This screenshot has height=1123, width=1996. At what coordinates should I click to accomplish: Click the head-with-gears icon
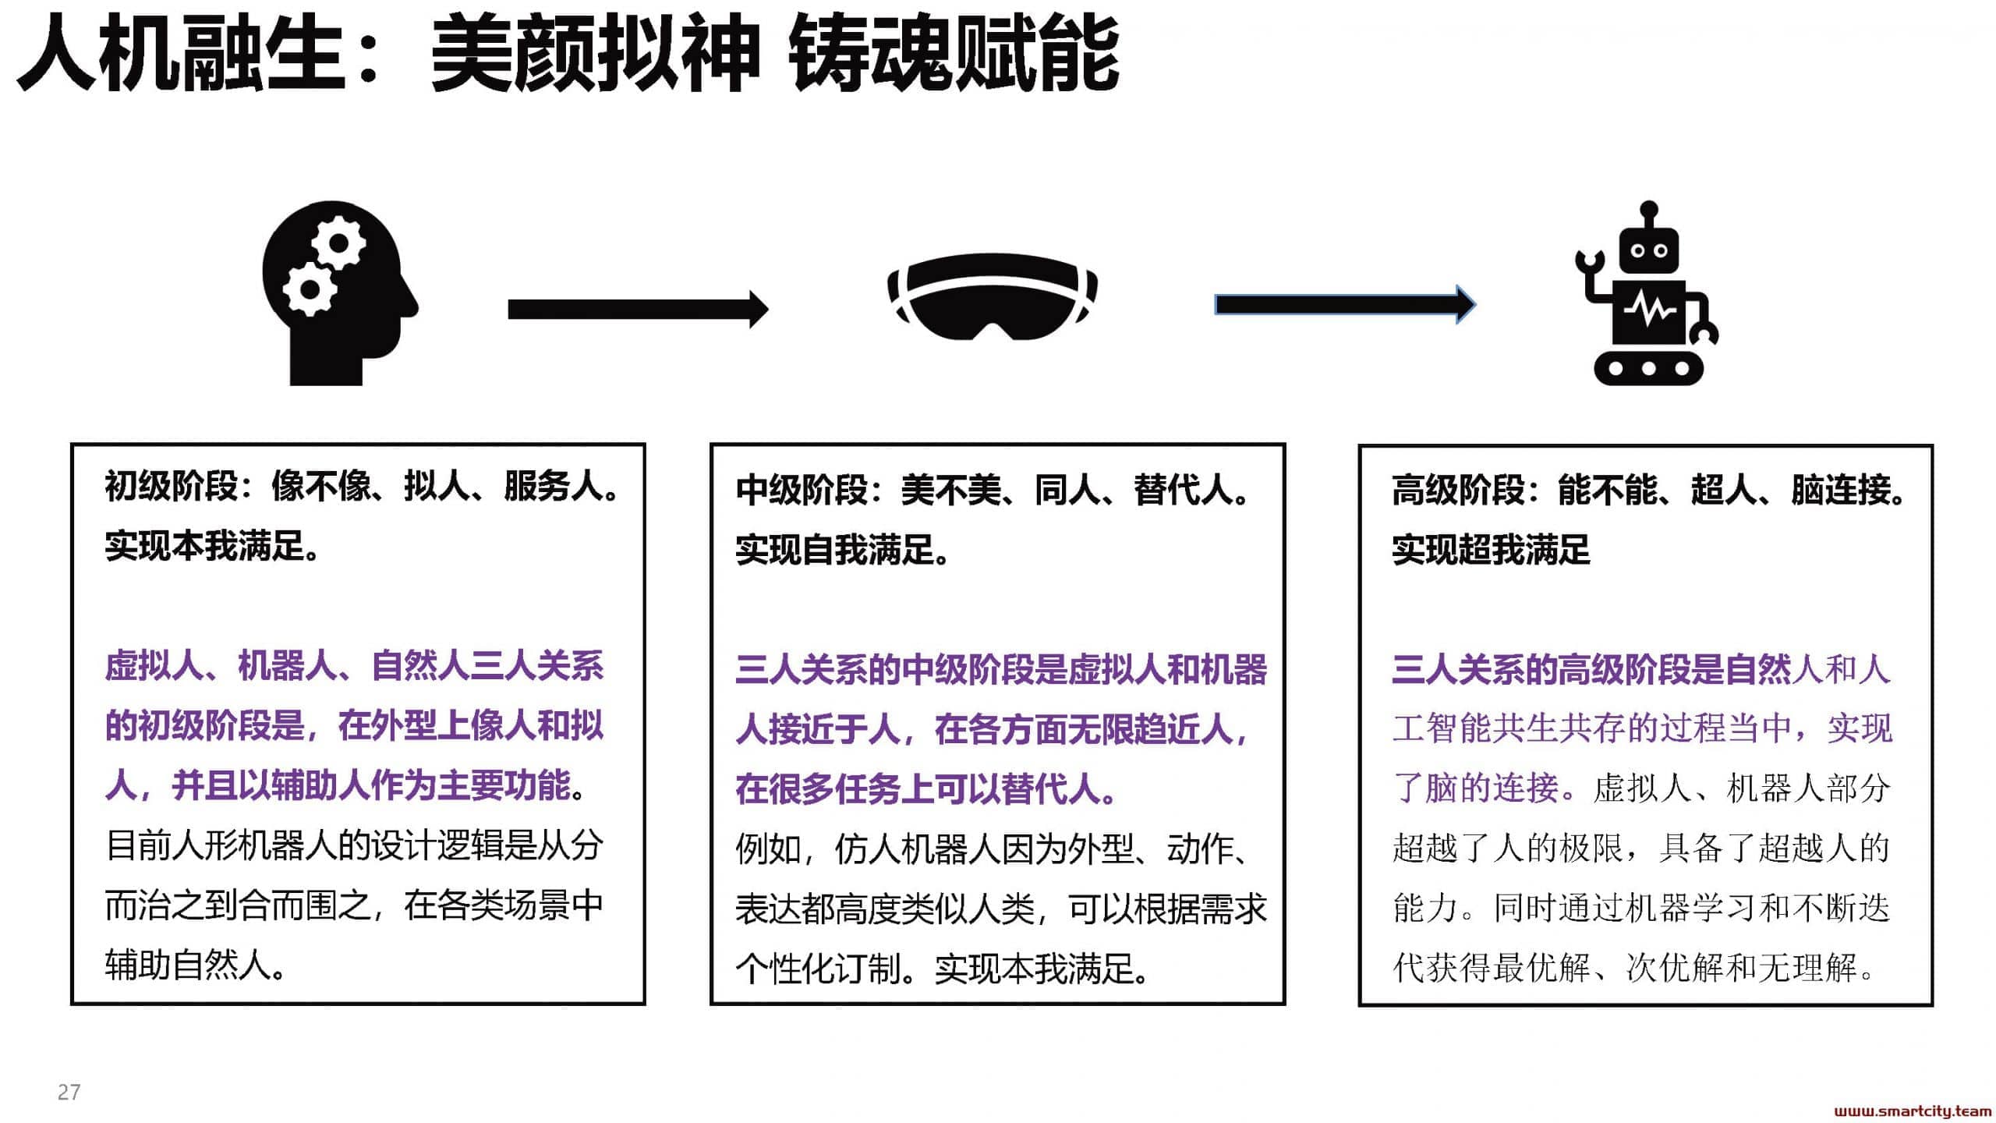[x=339, y=293]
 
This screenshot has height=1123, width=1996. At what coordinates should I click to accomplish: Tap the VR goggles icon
[x=993, y=296]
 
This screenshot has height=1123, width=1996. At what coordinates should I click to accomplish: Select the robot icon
[x=1647, y=293]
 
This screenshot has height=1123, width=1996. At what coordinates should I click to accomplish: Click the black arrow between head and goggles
[x=638, y=310]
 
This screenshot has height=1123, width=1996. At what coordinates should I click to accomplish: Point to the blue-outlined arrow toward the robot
[x=1345, y=304]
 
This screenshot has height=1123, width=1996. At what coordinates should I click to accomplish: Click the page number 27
[x=69, y=1092]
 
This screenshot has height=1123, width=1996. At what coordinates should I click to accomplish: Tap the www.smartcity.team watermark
[x=1913, y=1111]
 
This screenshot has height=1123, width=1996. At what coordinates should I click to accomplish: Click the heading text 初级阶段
[x=171, y=487]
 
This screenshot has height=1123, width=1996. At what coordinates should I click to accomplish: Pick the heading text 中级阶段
[x=802, y=491]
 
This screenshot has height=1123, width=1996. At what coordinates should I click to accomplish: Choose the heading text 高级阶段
[x=1458, y=491]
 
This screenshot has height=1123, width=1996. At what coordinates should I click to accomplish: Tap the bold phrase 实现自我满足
[x=834, y=550]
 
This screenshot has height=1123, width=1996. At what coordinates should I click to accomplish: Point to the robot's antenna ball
[x=1648, y=210]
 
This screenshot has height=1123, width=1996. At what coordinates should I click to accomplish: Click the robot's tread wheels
[x=1647, y=368]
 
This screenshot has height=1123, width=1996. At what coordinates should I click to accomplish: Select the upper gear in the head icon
[x=338, y=243]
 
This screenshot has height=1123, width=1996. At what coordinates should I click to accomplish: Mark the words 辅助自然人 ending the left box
[x=187, y=965]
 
